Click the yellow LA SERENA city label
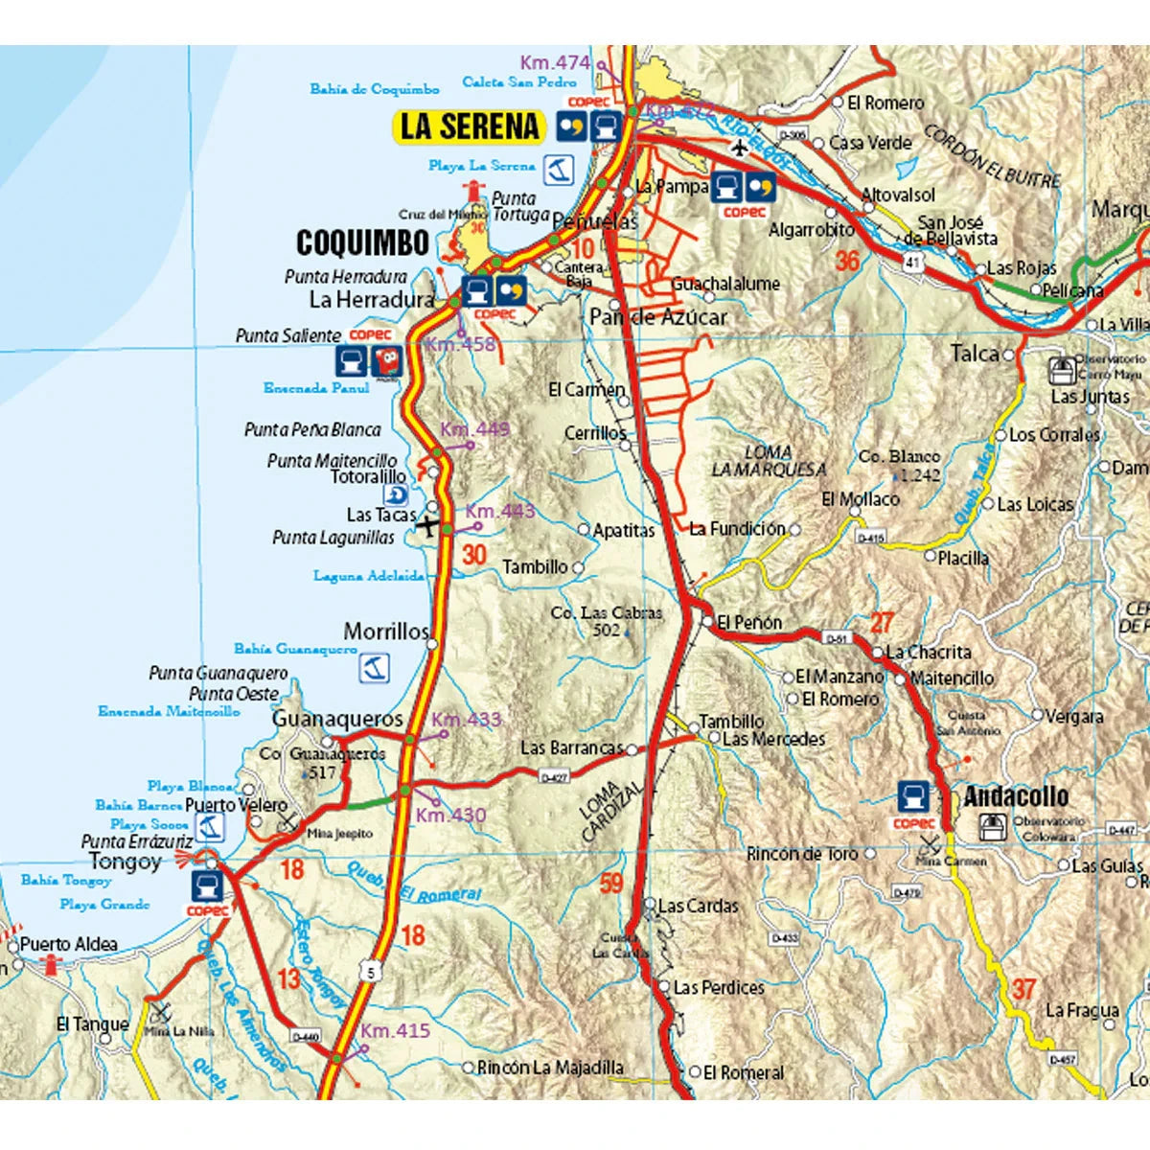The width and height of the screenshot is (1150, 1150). (470, 126)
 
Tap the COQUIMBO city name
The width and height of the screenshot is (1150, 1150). (362, 243)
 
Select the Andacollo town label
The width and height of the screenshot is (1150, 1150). (1016, 796)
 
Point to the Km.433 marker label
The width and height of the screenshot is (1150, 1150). (467, 720)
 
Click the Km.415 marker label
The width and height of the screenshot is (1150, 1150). (396, 1031)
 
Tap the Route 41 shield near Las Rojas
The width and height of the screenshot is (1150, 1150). (913, 261)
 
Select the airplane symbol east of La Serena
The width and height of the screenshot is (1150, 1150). (739, 148)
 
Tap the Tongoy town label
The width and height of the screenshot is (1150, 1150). (125, 862)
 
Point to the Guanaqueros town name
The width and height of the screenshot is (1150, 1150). (337, 719)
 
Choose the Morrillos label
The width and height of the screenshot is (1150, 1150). (385, 632)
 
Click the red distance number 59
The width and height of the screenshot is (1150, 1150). (611, 883)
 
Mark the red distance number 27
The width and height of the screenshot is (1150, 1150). (882, 624)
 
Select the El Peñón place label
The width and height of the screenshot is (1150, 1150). (749, 623)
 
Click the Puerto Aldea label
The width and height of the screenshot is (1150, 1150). (68, 945)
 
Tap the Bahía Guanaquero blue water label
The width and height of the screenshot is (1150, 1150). (295, 650)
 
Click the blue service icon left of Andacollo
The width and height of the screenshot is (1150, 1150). (913, 795)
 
